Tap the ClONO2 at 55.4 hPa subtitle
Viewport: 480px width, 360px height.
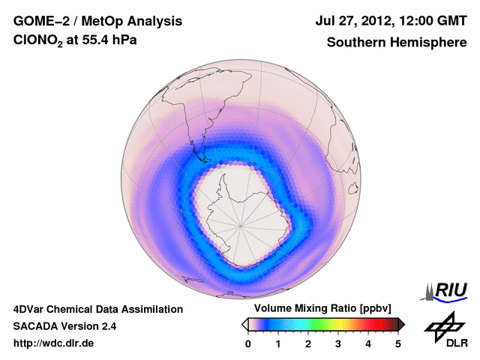click(75, 43)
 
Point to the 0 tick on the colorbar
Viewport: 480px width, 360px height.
click(248, 343)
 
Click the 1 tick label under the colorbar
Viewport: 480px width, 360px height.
click(278, 343)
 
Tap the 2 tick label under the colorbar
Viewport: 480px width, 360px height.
click(308, 343)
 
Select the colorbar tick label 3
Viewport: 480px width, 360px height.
click(338, 343)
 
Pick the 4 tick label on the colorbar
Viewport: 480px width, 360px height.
click(368, 343)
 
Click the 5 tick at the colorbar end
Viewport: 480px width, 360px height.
click(398, 343)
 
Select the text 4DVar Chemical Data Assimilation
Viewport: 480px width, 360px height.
click(98, 309)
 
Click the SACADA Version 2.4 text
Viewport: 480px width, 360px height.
click(64, 326)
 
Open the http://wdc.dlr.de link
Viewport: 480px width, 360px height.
click(54, 343)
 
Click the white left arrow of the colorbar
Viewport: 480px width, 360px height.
click(244, 324)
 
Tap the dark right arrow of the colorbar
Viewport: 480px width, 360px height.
click(402, 324)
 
